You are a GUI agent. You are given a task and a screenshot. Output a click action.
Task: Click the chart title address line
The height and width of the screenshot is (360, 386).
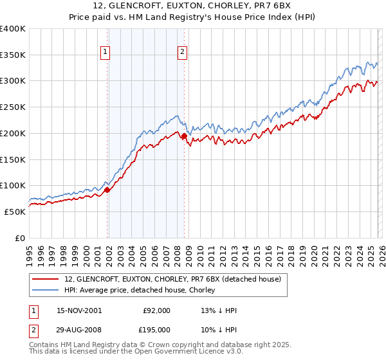[x=192, y=6]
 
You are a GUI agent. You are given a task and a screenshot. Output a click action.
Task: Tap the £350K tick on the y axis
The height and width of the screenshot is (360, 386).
[x=13, y=55]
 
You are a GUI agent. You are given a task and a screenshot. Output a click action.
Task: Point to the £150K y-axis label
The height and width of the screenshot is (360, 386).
[x=13, y=159]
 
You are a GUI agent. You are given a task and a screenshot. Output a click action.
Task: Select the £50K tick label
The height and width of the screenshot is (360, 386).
[x=15, y=212]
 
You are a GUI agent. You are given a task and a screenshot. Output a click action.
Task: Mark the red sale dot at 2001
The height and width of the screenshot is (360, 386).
[x=107, y=190]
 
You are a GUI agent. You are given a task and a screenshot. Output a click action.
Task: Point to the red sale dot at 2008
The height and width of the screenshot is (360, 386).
[x=184, y=136]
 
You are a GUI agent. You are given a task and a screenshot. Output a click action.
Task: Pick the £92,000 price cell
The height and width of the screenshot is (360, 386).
[x=156, y=310]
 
